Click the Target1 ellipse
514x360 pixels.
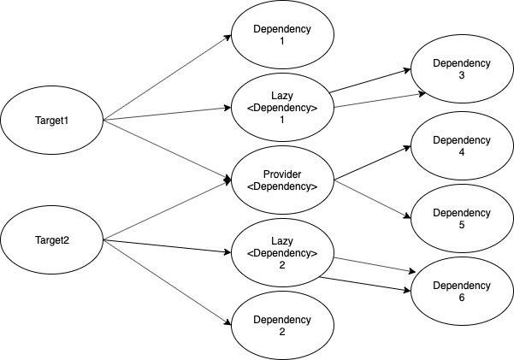(51, 120)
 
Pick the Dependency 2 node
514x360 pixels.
(282, 325)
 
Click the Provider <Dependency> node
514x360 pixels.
(282, 180)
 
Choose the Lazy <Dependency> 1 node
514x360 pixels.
(282, 108)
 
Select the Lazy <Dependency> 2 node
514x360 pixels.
(282, 253)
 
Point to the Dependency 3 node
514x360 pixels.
(462, 69)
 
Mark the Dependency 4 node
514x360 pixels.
(462, 146)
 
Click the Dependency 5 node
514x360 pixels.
(462, 217)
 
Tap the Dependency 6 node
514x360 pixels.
(462, 291)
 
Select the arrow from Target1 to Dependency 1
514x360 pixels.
(167, 78)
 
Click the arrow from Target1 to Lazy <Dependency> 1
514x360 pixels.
(167, 114)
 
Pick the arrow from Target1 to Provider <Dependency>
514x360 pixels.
(167, 150)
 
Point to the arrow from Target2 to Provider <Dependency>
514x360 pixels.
(167, 210)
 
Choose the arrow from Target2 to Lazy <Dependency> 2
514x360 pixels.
(167, 247)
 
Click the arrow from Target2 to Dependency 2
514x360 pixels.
(167, 283)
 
